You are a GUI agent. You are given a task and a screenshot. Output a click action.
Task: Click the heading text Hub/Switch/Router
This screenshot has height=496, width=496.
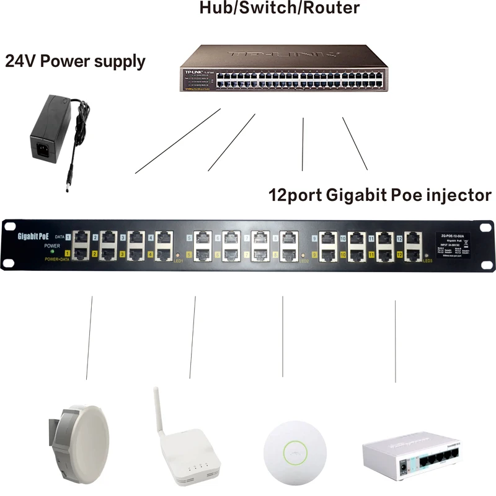pos(280,8)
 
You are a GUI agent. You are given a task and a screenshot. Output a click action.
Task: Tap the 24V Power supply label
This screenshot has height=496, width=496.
pos(75,61)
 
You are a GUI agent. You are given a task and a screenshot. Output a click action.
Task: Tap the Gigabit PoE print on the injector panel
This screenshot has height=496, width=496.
pos(32,236)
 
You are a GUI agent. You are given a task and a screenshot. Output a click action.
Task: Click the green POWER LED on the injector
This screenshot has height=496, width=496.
pos(52,251)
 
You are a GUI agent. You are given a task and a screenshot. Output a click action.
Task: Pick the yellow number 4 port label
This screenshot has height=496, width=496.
pos(151,254)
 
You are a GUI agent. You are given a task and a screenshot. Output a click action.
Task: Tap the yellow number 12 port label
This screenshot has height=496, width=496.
pos(400,255)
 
